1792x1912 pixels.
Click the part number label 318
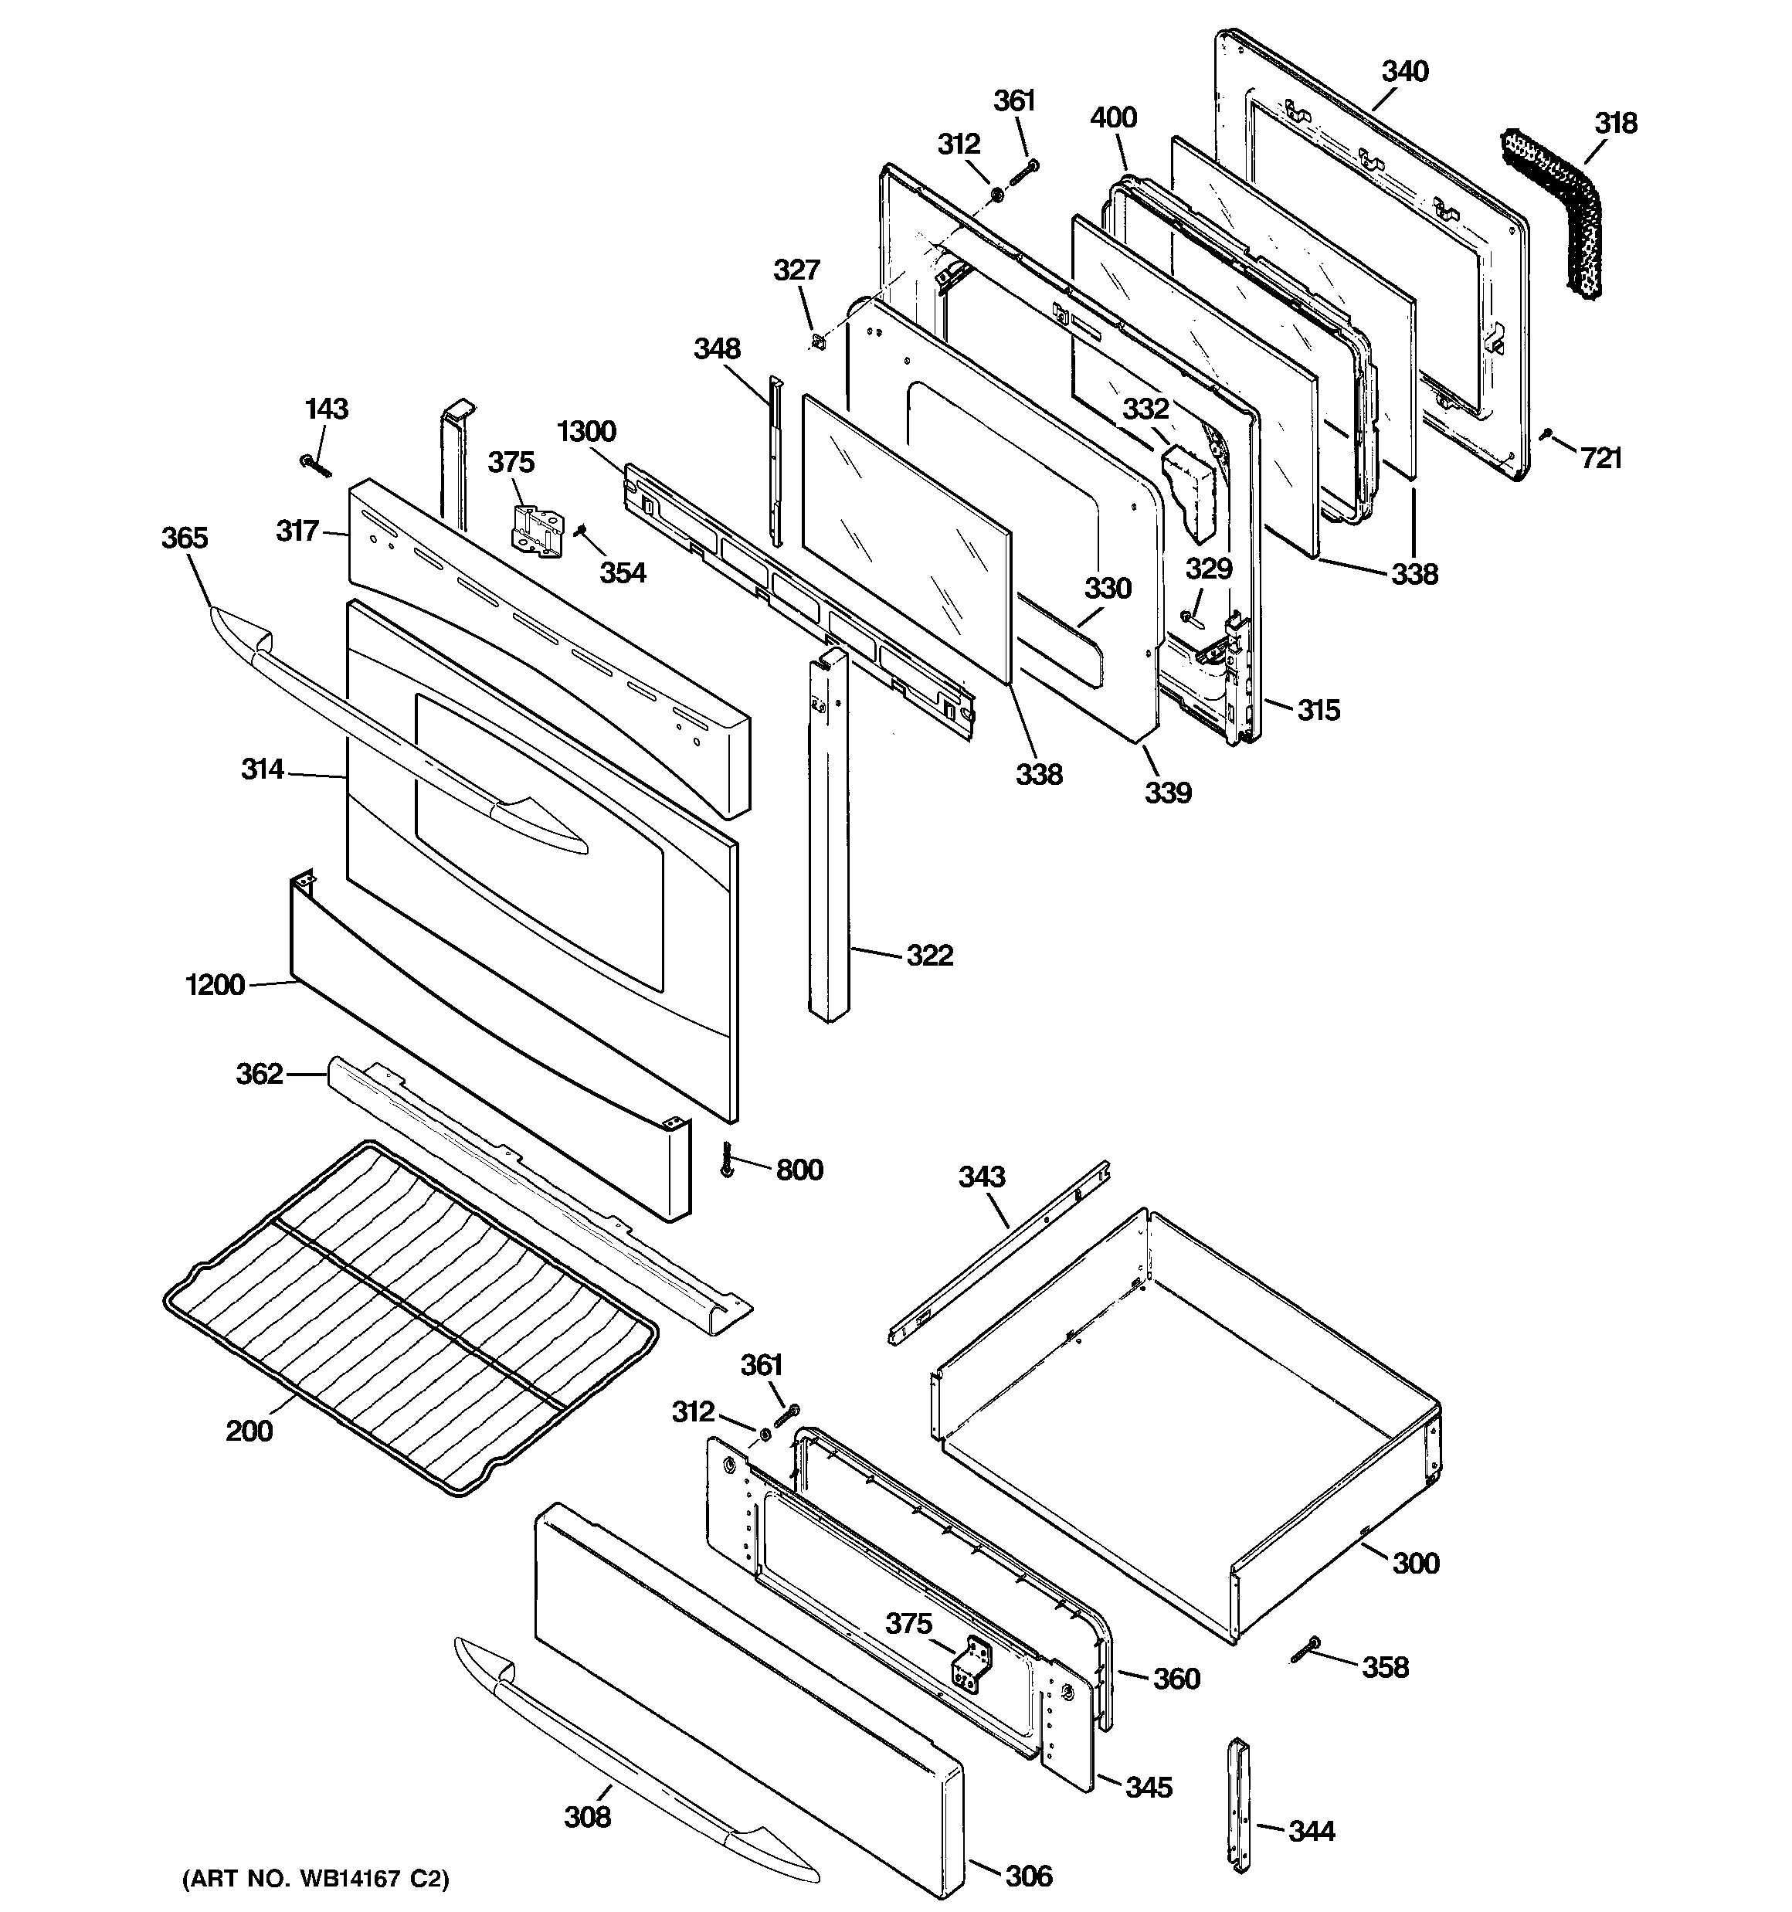[x=1615, y=123]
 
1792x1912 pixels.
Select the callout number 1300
[x=585, y=431]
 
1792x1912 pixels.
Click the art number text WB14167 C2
[x=315, y=1878]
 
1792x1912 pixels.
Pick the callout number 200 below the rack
[x=249, y=1431]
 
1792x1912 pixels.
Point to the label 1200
[x=216, y=985]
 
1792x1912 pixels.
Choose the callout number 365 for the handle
[x=184, y=538]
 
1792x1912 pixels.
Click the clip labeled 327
[x=819, y=341]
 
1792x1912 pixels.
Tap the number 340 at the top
[x=1404, y=71]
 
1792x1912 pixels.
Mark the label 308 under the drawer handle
[x=587, y=1817]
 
